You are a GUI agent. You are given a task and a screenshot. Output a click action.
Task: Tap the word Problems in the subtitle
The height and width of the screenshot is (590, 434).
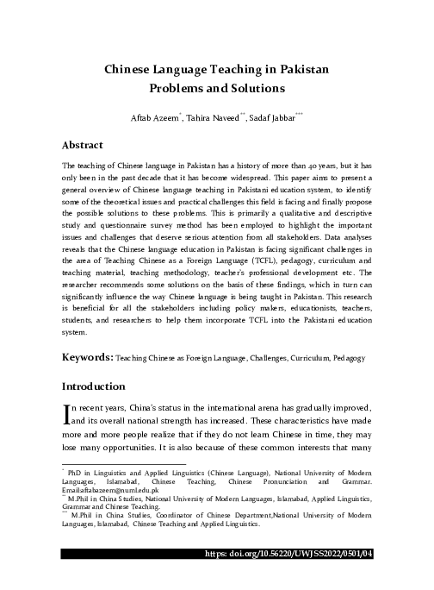[179, 88]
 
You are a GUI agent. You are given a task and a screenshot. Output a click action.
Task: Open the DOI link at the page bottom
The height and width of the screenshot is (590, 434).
[341, 580]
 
